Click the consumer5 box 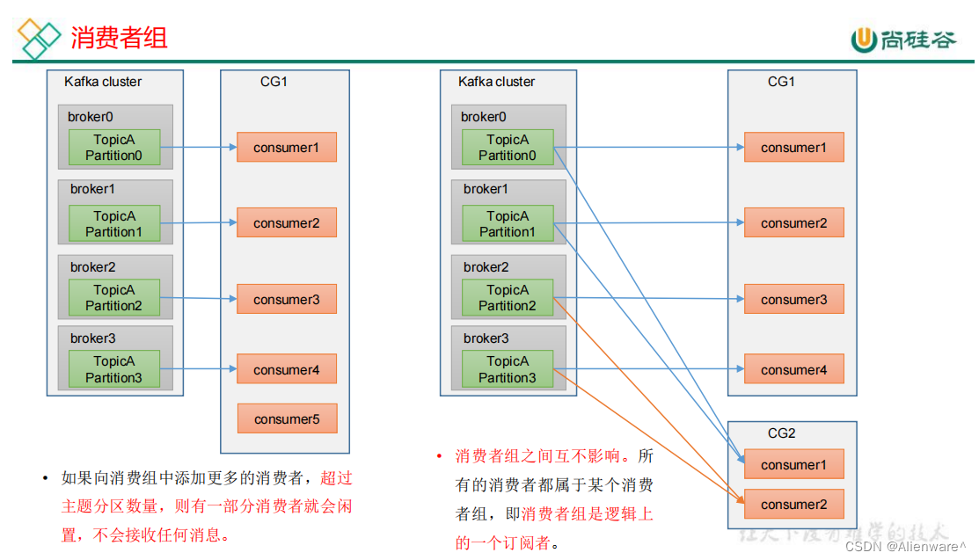point(287,419)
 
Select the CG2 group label point(781,433)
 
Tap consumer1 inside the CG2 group point(793,465)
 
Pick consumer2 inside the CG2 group point(793,505)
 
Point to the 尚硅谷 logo point(902,40)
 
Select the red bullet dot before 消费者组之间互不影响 point(440,456)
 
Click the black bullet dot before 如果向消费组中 point(46,479)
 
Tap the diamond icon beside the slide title point(40,38)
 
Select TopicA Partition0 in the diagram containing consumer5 point(114,148)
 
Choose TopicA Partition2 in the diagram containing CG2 point(508,298)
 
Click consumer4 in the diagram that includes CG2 point(793,370)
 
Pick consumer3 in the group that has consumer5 point(287,300)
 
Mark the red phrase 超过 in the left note point(336,479)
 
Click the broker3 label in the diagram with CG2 point(486,338)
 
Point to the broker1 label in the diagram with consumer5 point(92,189)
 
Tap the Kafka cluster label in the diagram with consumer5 point(103,82)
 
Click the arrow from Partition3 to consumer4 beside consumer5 point(198,369)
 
